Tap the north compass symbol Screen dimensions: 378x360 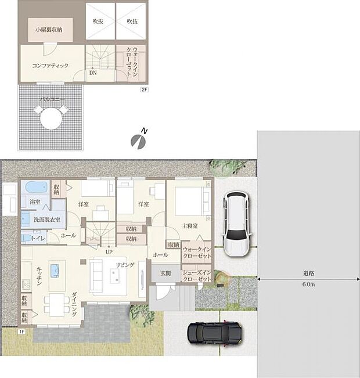(x=138, y=141)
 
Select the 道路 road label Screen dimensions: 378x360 (x=308, y=272)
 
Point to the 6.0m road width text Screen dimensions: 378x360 (x=308, y=285)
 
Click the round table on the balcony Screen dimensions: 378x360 (x=49, y=120)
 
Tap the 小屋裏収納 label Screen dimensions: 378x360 (x=49, y=28)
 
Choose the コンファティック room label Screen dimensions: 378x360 (x=50, y=66)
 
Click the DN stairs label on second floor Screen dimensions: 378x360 (x=93, y=73)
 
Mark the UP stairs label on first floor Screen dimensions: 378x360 (x=109, y=252)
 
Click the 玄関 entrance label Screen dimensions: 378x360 (x=166, y=273)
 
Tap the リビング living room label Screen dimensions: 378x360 (x=125, y=265)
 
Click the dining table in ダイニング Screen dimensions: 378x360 (x=56, y=304)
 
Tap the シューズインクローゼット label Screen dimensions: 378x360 (x=197, y=276)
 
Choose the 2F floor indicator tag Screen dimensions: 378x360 (x=143, y=89)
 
